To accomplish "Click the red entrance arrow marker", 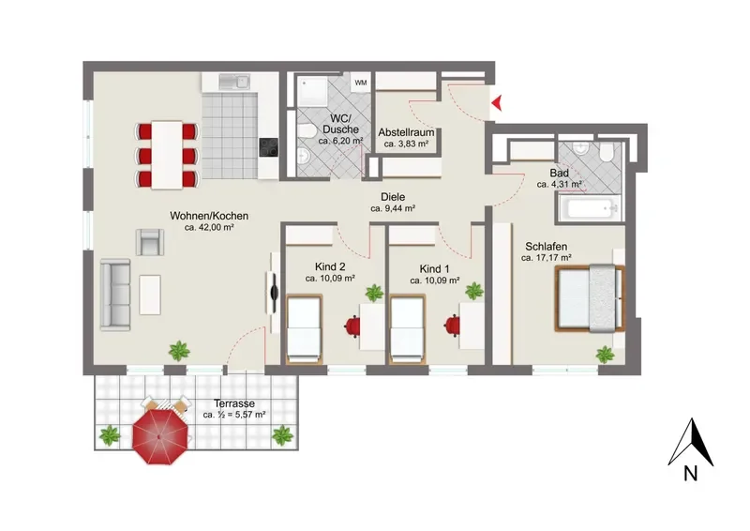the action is (x=497, y=102).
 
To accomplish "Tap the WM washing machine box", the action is (x=361, y=83).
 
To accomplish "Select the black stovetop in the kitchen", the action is (x=268, y=147).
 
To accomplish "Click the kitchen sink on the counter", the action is (x=234, y=82).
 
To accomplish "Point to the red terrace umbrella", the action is (x=159, y=436).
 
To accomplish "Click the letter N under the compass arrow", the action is (x=690, y=474).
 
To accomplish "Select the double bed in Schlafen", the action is (x=590, y=297).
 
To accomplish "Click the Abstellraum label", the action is (x=406, y=132).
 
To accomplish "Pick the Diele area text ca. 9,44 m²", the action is (x=393, y=208).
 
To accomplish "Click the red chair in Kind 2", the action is (x=352, y=326).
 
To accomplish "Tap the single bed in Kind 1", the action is (x=408, y=329).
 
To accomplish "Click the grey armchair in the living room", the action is (x=150, y=242).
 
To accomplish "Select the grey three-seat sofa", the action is (x=115, y=295).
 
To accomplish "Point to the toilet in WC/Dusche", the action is (x=305, y=129).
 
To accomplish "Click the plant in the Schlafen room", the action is (x=605, y=355).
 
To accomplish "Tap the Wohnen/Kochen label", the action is (x=209, y=216).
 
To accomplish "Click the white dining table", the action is (x=167, y=155).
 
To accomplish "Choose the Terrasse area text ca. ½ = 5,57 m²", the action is (x=234, y=415).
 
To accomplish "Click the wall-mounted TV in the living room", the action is (x=274, y=292).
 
